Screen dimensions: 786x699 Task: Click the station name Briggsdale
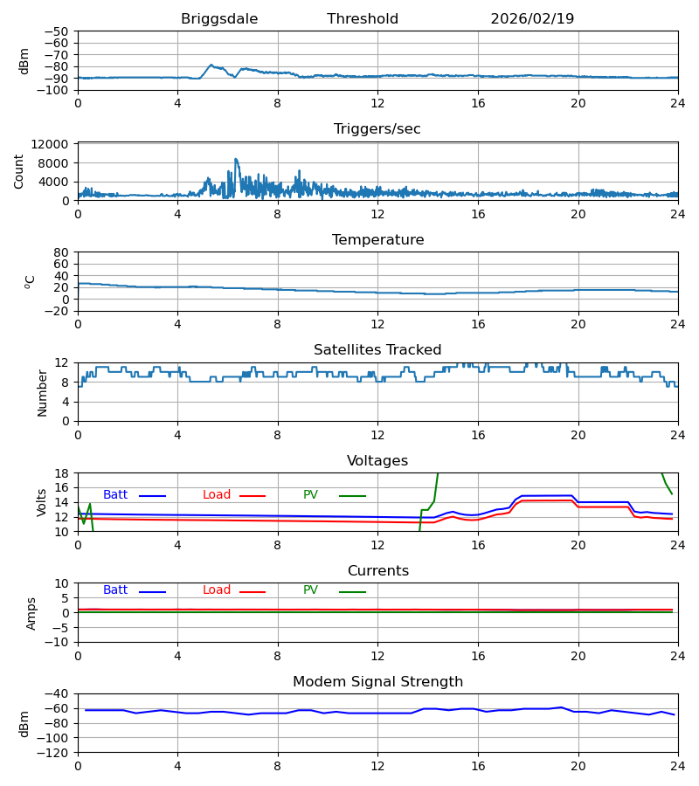coord(219,19)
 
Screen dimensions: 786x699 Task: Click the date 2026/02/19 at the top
coord(532,19)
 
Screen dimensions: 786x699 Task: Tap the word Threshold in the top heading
coord(363,19)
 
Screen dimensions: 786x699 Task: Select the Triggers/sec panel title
coord(377,129)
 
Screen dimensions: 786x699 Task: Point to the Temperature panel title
coord(377,240)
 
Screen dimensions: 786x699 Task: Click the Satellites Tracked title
coord(377,350)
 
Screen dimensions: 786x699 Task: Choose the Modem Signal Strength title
coord(377,682)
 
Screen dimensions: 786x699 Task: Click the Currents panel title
coord(377,571)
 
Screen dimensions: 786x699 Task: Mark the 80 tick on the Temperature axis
coord(61,252)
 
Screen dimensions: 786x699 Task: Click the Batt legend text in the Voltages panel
coord(115,495)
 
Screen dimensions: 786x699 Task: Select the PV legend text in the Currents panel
coord(310,590)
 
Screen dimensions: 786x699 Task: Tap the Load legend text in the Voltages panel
coord(217,495)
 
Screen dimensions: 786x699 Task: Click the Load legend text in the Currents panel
coord(217,590)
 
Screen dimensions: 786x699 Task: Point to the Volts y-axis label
coord(42,502)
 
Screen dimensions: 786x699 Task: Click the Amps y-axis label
coord(32,613)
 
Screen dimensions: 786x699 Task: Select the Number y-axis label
coord(42,392)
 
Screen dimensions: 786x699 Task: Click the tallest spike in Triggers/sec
coord(235,159)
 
